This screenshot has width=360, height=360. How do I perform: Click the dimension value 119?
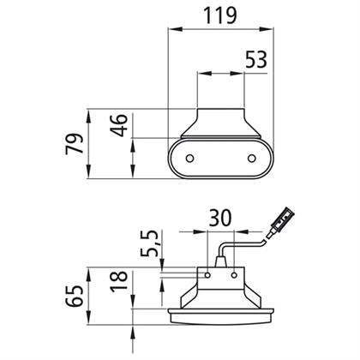pos(219,15)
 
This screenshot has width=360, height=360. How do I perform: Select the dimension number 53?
pos(256,60)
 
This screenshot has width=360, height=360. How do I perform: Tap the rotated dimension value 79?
pos(75,143)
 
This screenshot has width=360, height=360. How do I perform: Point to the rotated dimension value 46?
pos(119,125)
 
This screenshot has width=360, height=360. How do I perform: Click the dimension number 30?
pos(219,218)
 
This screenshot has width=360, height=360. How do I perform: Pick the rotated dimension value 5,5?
pos(149,243)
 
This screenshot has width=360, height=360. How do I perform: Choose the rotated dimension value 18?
pos(119,281)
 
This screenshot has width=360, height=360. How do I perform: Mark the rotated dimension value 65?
pos(75,296)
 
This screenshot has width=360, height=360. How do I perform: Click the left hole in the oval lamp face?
pos(189,158)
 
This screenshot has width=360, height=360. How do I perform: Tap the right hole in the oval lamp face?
pos(252,158)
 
